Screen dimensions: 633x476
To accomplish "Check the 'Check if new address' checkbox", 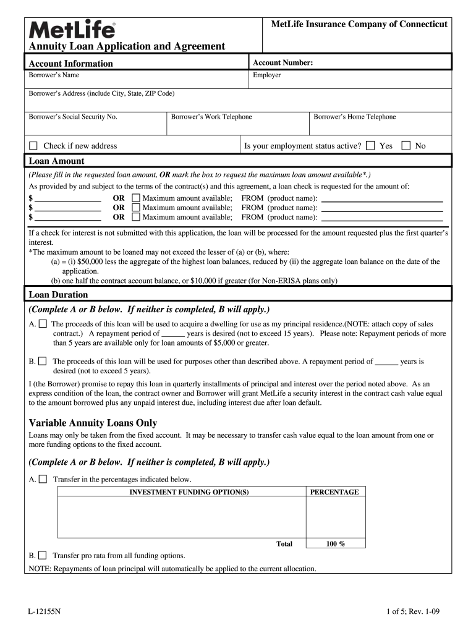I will [x=33, y=146].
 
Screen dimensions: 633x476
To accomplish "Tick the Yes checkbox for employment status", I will [x=370, y=146].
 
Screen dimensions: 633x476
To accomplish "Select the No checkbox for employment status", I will [x=406, y=146].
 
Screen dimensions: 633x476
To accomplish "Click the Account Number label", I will [x=283, y=62].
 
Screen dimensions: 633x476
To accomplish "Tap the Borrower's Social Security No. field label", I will [x=73, y=116].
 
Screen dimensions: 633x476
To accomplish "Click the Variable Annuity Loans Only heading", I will [x=93, y=423].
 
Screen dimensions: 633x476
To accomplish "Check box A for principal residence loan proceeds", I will [x=43, y=324].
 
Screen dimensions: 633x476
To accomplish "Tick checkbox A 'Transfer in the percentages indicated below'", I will [x=43, y=479].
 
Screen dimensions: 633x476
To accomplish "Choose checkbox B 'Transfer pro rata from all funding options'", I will [x=43, y=555].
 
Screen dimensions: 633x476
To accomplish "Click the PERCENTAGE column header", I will [x=334, y=492].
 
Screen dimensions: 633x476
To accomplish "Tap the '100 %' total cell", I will [x=335, y=544].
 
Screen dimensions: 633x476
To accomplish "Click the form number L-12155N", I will [x=45, y=612].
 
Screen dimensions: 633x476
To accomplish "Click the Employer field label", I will [x=267, y=75].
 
